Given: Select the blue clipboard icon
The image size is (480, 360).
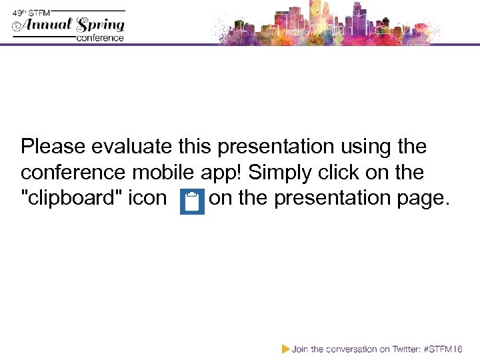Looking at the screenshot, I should point(193,202).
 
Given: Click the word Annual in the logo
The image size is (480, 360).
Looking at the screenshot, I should point(45,25).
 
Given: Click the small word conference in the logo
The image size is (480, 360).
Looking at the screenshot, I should point(101,38).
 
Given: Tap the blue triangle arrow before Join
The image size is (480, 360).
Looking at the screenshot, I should point(285,348).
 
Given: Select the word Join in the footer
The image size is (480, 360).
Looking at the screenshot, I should point(300,349).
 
